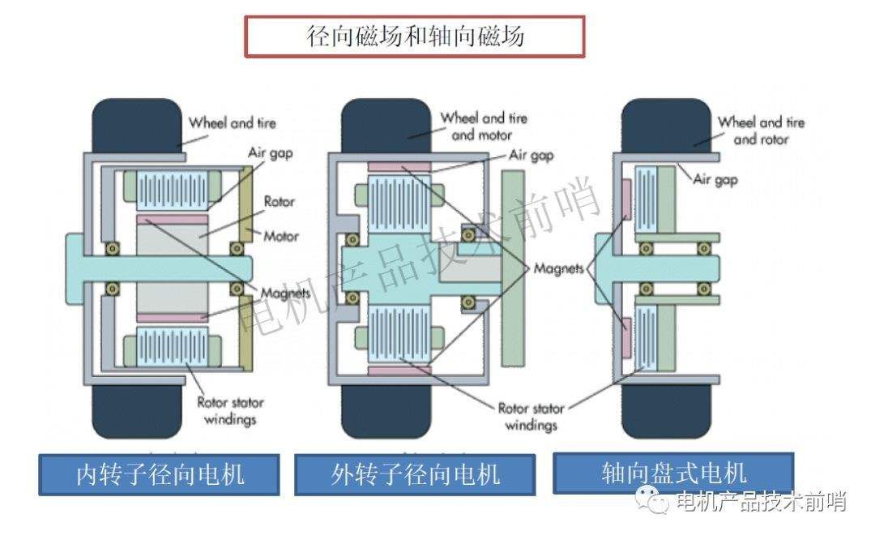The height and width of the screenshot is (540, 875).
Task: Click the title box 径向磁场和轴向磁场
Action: (x=415, y=36)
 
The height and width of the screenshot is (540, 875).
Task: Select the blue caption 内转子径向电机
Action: (x=159, y=474)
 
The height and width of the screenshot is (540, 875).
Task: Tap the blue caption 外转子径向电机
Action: (x=414, y=474)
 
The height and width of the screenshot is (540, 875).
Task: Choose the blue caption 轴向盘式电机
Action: (x=673, y=474)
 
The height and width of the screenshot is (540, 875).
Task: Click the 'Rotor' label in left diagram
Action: (x=280, y=202)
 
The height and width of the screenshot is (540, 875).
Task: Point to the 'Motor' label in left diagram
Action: (x=281, y=236)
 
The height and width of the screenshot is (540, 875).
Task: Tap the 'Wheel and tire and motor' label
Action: (x=484, y=126)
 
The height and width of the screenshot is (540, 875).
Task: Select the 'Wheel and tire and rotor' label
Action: (x=761, y=130)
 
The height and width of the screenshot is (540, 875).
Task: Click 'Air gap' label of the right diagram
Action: (x=715, y=179)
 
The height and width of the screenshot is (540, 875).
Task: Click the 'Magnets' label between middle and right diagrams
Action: (x=558, y=268)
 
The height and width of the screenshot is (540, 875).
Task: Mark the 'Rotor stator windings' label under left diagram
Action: (x=230, y=410)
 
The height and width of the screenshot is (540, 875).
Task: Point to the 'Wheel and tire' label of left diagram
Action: (x=233, y=123)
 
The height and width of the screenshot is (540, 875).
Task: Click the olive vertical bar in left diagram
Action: (x=245, y=268)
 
